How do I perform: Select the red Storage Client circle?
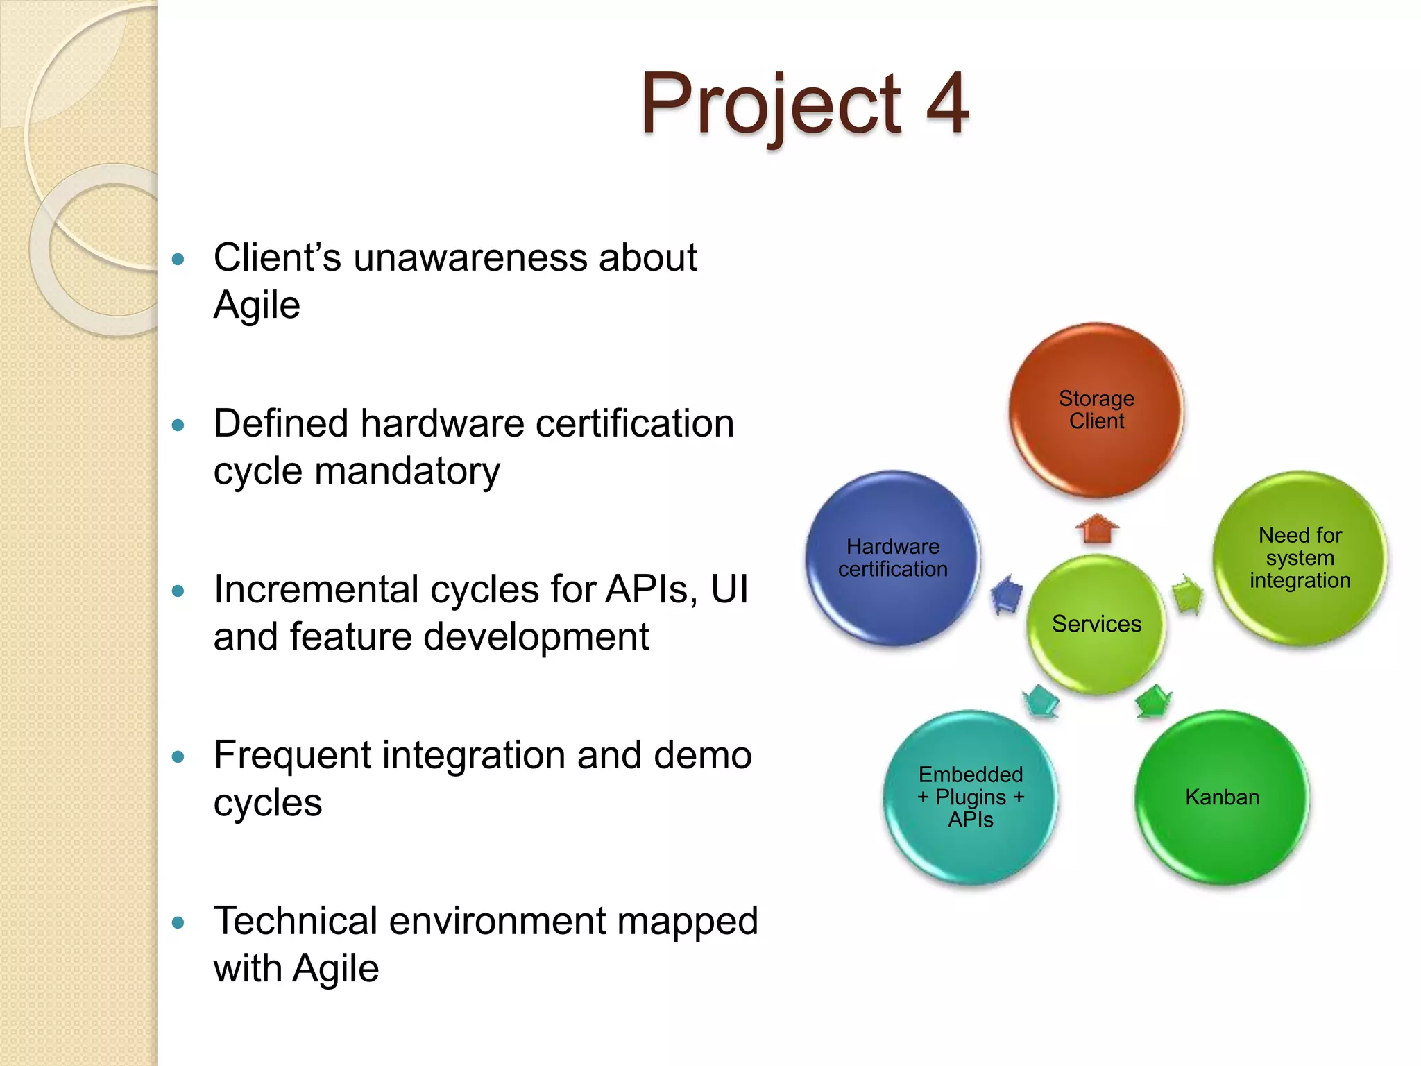pyautogui.click(x=1096, y=409)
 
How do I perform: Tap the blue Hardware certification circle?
pyautogui.click(x=893, y=558)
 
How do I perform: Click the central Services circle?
pyautogui.click(x=1096, y=623)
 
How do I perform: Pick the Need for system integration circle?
pyautogui.click(x=1300, y=558)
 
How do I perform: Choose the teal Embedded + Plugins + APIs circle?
pyautogui.click(x=971, y=797)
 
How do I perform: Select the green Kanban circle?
pyautogui.click(x=1222, y=797)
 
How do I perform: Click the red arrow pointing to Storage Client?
pyautogui.click(x=1097, y=529)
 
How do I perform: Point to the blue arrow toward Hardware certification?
pyautogui.click(x=1007, y=593)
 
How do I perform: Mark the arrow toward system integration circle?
pyautogui.click(x=1187, y=593)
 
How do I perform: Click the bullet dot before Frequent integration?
pyautogui.click(x=178, y=757)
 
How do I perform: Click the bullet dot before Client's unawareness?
pyautogui.click(x=178, y=260)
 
